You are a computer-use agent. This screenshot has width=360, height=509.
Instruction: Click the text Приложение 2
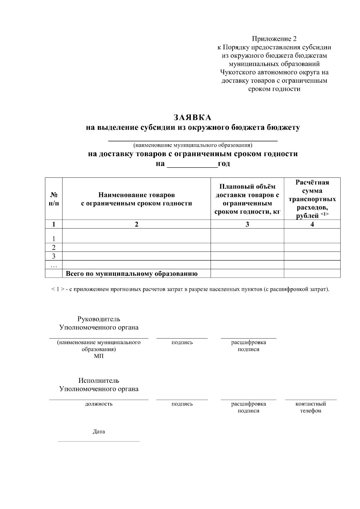(274, 39)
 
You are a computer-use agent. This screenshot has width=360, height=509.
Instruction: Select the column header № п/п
(54, 199)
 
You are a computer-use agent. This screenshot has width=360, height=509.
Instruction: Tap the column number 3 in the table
(247, 224)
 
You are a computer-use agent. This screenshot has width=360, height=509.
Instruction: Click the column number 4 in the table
(312, 224)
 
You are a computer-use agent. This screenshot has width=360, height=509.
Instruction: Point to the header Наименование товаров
(136, 195)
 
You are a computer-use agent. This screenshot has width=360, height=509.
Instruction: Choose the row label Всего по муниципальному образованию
(131, 273)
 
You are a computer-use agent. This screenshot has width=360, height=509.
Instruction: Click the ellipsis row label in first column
(54, 265)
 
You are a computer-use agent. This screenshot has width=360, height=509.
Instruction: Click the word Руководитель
(99, 319)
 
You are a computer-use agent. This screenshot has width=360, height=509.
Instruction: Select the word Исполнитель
(99, 380)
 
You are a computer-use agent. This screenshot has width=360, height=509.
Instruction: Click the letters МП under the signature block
(99, 356)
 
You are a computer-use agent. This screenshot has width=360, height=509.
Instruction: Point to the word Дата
(99, 432)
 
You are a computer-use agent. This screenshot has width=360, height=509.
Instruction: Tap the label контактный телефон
(310, 407)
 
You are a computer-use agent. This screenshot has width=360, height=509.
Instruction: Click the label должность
(99, 404)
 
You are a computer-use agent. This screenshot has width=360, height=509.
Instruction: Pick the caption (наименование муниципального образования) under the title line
(193, 145)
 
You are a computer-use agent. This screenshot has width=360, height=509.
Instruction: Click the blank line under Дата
(99, 441)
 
